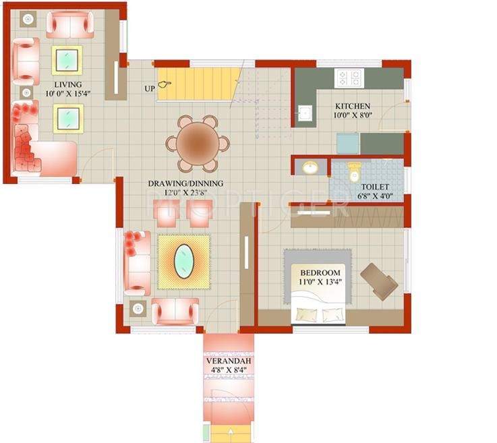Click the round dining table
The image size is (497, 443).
point(197,144)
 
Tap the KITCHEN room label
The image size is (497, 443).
point(353,107)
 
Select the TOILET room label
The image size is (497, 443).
point(374,187)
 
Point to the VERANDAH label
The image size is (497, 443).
point(229,361)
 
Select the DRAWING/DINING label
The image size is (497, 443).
point(185,183)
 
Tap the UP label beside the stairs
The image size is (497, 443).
point(150,88)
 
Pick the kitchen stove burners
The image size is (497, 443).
point(349,77)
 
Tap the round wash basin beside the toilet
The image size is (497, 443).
point(310,167)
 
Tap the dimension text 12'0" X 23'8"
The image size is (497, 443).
point(185,193)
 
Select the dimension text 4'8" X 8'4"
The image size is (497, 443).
point(229,370)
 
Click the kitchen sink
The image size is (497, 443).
point(304,114)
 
